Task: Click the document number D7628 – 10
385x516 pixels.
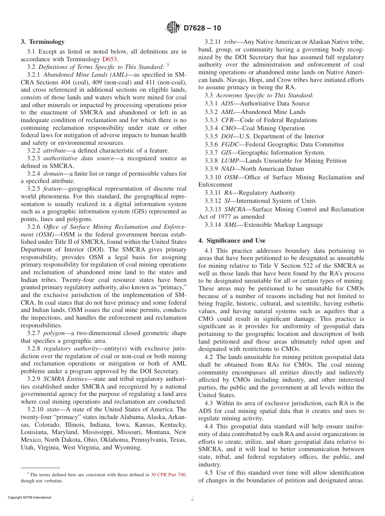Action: click(x=202, y=28)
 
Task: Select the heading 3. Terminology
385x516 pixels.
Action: click(x=43, y=42)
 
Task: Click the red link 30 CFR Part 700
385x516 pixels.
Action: click(x=168, y=474)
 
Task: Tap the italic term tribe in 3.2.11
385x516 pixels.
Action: click(x=231, y=42)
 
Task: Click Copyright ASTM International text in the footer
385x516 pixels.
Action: click(x=30, y=498)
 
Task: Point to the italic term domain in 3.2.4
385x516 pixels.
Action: click(x=54, y=174)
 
